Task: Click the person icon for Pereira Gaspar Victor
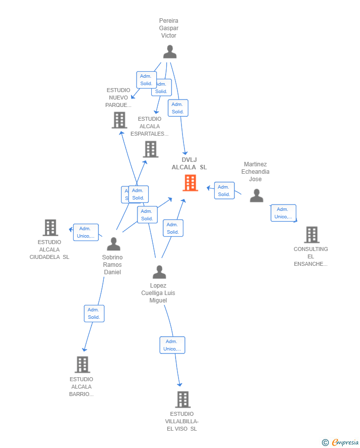[170, 52]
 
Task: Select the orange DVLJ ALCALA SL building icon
[190, 183]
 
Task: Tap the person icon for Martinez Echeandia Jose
[256, 196]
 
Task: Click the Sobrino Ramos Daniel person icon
[114, 244]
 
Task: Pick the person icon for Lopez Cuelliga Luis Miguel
[159, 272]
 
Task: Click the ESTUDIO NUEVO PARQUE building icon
[119, 120]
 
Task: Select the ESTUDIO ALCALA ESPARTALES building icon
[150, 149]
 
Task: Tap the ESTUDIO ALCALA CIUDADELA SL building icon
[50, 228]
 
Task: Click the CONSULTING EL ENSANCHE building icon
[312, 235]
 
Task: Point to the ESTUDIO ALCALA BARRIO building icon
[82, 365]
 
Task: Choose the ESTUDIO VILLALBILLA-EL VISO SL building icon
[182, 399]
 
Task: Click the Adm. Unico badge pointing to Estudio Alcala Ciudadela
[86, 232]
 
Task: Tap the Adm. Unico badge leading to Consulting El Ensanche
[283, 213]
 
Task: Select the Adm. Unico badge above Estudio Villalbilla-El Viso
[172, 345]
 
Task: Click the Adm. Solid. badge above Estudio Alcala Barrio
[94, 313]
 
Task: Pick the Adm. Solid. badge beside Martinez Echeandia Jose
[224, 191]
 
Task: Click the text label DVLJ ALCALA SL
[189, 163]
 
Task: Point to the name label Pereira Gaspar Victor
[169, 28]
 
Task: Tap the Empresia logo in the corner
[345, 443]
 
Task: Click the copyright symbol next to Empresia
[325, 443]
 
